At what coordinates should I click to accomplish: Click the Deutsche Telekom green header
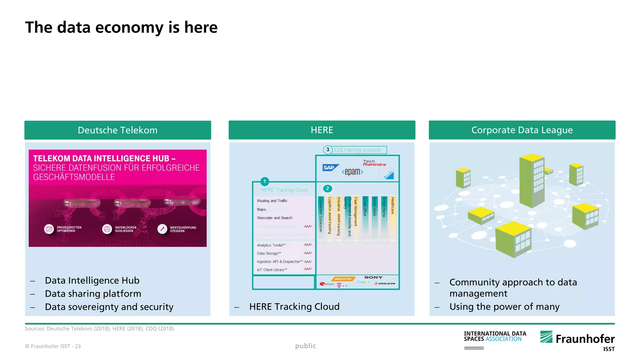[x=117, y=130]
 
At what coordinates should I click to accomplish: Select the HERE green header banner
[x=322, y=130]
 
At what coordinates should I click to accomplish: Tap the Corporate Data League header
[x=522, y=130]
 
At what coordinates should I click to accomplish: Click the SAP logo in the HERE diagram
[x=330, y=168]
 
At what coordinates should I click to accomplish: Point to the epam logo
[x=352, y=172]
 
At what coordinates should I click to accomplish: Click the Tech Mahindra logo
[x=374, y=163]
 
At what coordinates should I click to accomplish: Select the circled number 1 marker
[x=265, y=181]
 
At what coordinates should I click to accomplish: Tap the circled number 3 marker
[x=327, y=150]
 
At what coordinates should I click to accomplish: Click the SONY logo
[x=373, y=277]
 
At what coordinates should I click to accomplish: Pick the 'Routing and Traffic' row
[x=272, y=201]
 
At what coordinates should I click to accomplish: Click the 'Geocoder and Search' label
[x=275, y=218]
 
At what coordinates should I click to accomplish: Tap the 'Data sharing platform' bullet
[x=93, y=294]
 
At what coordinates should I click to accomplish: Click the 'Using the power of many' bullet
[x=504, y=307]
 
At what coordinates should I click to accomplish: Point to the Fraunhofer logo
[x=577, y=339]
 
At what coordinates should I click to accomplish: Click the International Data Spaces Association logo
[x=495, y=337]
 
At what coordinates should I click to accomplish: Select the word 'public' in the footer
[x=305, y=346]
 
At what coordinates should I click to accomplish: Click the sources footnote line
[x=100, y=329]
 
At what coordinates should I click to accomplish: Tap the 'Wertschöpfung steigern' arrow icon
[x=162, y=229]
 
